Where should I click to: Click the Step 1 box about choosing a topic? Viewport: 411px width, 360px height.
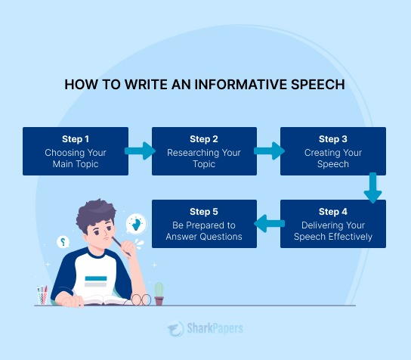click(76, 151)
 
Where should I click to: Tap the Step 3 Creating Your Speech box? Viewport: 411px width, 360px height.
click(333, 151)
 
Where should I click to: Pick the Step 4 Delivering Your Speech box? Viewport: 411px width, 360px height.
click(333, 224)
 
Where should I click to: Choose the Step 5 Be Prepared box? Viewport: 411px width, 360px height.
click(204, 224)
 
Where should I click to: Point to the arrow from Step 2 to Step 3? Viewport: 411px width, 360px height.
click(268, 151)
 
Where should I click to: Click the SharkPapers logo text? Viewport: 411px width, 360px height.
click(212, 329)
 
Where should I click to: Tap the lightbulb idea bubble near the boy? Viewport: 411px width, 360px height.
click(136, 222)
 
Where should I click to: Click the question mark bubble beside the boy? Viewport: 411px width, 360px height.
click(63, 242)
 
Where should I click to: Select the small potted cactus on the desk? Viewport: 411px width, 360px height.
click(159, 293)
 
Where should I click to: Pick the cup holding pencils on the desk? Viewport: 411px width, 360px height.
click(44, 295)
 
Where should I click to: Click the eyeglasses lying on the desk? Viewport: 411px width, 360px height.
click(141, 299)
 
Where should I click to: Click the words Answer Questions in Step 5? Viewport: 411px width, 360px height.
click(204, 237)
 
